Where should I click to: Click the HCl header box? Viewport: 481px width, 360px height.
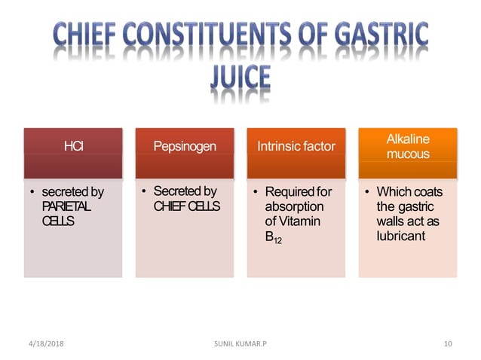pyautogui.click(x=73, y=146)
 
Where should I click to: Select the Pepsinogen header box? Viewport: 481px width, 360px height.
pyautogui.click(x=185, y=146)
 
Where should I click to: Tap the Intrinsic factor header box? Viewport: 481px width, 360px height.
pyautogui.click(x=296, y=146)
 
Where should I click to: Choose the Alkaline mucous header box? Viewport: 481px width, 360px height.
pyautogui.click(x=408, y=146)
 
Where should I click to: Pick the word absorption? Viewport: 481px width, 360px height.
pyautogui.click(x=294, y=206)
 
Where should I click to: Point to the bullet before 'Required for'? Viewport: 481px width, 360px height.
pyautogui.click(x=254, y=192)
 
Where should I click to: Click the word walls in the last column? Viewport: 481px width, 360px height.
pyautogui.click(x=391, y=221)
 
